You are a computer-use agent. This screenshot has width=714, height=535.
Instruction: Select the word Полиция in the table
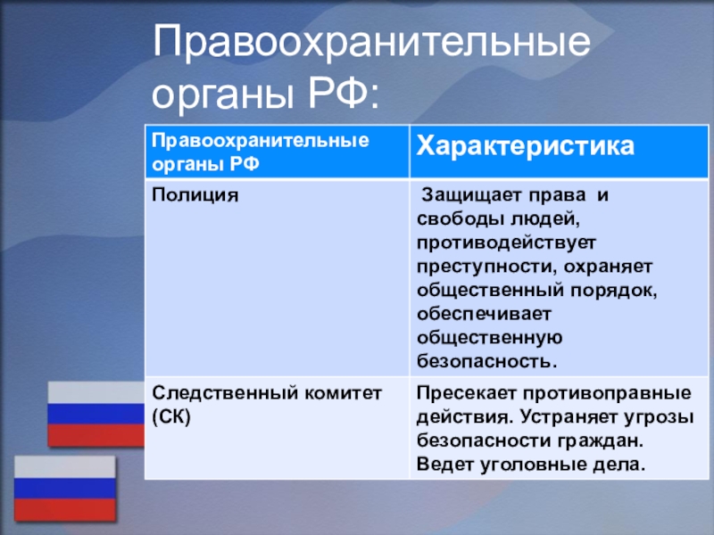click(195, 195)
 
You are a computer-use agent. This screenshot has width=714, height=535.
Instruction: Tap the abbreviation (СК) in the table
click(171, 416)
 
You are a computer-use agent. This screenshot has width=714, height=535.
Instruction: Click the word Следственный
click(225, 393)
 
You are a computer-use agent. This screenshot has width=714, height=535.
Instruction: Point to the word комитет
click(343, 393)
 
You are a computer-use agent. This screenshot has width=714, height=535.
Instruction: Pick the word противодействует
click(506, 243)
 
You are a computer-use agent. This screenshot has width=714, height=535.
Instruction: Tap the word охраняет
click(609, 267)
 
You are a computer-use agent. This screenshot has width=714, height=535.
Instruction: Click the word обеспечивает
click(484, 314)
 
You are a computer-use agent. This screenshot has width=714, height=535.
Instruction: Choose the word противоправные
click(607, 393)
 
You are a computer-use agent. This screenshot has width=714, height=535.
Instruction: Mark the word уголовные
click(533, 465)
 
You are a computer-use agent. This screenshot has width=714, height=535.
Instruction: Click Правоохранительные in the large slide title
click(371, 42)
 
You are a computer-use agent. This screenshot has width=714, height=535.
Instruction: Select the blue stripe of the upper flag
click(95, 414)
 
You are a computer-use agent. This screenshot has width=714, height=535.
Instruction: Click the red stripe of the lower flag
click(64, 509)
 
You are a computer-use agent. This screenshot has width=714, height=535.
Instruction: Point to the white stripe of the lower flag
click(64, 467)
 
